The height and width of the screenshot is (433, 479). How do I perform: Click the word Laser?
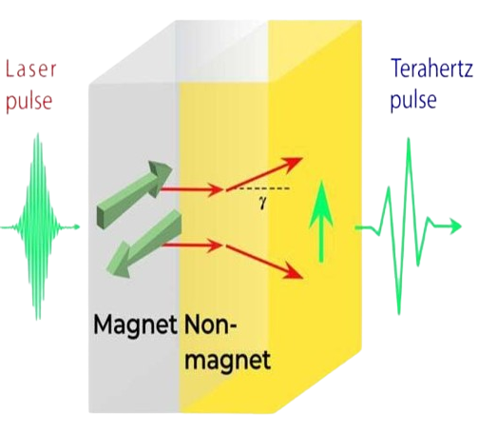31,69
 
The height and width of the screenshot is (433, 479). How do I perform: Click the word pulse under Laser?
29,101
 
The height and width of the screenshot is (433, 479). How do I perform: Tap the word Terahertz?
432,69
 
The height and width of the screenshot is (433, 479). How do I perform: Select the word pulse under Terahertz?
413,101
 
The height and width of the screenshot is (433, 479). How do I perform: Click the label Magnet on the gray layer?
135,325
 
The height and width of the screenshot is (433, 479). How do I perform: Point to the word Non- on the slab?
210,325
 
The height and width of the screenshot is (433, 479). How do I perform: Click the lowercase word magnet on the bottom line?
227,361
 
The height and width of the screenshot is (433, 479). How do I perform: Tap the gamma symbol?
262,203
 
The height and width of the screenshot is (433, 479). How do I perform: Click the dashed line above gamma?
263,188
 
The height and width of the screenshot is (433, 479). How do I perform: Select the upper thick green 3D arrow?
135,193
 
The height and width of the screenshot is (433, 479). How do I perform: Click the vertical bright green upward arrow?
321,222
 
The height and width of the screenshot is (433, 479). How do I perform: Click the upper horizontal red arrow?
192,189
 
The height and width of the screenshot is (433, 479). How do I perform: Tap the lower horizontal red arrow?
192,245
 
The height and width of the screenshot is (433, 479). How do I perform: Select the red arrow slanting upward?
264,174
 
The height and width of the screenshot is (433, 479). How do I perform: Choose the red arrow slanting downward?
264,262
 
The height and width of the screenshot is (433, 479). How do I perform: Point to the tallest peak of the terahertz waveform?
409,139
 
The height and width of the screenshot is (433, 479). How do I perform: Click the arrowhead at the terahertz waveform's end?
455,226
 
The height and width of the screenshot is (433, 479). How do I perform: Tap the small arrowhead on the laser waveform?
76,226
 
